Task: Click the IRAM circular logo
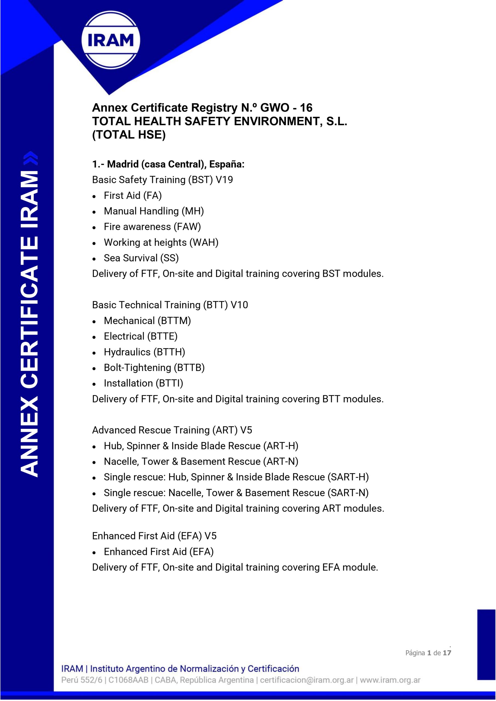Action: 111,40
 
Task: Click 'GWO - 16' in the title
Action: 286,108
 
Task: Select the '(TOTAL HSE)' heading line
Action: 129,135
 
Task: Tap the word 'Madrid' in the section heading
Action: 123,164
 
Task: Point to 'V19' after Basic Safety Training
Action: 224,180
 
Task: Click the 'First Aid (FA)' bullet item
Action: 133,196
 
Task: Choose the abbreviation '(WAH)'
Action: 204,242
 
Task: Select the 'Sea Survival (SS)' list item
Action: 141,258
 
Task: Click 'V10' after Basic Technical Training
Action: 239,305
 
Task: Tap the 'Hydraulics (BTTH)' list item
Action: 144,352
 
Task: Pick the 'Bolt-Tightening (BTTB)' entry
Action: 154,367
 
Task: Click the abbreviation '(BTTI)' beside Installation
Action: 169,383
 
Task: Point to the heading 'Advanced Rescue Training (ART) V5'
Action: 172,430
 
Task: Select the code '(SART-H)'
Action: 348,477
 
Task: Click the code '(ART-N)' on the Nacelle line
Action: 280,461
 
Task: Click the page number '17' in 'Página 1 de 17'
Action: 447,653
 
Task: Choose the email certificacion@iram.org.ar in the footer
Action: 307,680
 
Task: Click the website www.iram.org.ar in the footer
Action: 390,680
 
